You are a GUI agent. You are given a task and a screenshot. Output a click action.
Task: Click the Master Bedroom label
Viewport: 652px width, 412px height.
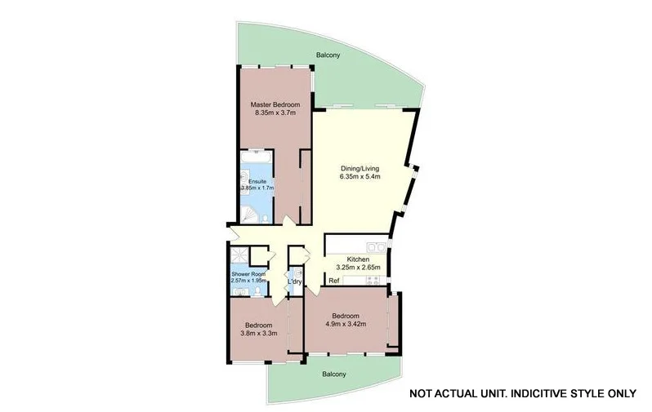pyautogui.click(x=275, y=105)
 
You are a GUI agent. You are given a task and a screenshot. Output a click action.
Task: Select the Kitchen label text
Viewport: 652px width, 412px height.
pyautogui.click(x=359, y=259)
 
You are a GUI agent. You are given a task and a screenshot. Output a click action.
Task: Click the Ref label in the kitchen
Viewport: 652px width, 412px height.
pyautogui.click(x=333, y=281)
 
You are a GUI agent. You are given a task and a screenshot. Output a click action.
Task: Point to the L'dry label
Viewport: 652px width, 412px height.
pyautogui.click(x=295, y=282)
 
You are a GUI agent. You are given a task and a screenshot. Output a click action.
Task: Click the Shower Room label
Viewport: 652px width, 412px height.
pyautogui.click(x=248, y=274)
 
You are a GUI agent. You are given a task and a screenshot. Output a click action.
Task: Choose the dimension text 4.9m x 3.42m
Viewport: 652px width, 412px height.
pyautogui.click(x=345, y=323)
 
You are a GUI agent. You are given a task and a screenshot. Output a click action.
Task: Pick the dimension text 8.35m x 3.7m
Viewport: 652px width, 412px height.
pyautogui.click(x=275, y=113)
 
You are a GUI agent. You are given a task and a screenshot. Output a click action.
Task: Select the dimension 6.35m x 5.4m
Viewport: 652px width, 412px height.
pyautogui.click(x=360, y=176)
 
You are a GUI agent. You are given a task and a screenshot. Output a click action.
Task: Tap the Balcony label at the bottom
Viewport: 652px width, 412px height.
pyautogui.click(x=333, y=374)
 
